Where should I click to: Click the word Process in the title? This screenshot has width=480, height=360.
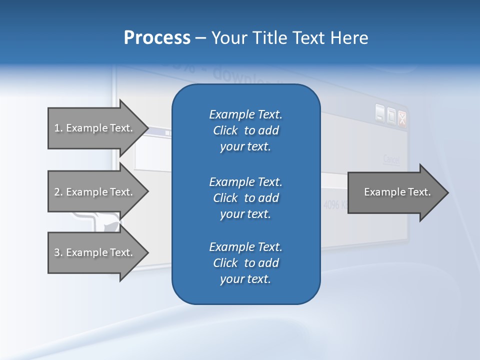(x=157, y=38)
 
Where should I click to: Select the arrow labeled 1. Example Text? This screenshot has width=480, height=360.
(x=95, y=128)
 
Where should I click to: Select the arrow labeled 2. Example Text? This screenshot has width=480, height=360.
(x=95, y=192)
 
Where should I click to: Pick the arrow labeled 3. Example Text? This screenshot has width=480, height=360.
(x=95, y=252)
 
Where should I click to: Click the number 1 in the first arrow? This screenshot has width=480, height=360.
(x=56, y=128)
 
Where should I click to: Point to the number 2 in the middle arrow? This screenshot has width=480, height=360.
(x=57, y=192)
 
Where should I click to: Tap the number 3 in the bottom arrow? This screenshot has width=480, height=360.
(x=57, y=252)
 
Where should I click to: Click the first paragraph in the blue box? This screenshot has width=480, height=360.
(x=245, y=130)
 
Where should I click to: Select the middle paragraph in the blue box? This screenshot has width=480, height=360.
(x=245, y=198)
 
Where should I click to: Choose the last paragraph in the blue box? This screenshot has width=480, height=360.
(x=245, y=263)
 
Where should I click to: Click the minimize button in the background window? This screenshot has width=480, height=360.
(x=380, y=113)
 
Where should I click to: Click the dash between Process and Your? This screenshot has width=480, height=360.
(x=200, y=38)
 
